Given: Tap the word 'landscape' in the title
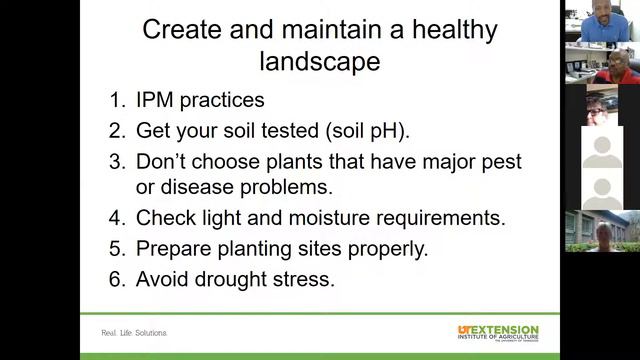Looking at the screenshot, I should pyautogui.click(x=319, y=61).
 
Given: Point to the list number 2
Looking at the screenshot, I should pyautogui.click(x=117, y=131).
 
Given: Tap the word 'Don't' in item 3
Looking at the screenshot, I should pyautogui.click(x=160, y=161).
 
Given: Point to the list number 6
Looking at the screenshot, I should pyautogui.click(x=117, y=279).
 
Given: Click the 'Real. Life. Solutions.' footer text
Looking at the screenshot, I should pyautogui.click(x=134, y=333).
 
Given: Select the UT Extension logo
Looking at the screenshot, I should pyautogui.click(x=498, y=333).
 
